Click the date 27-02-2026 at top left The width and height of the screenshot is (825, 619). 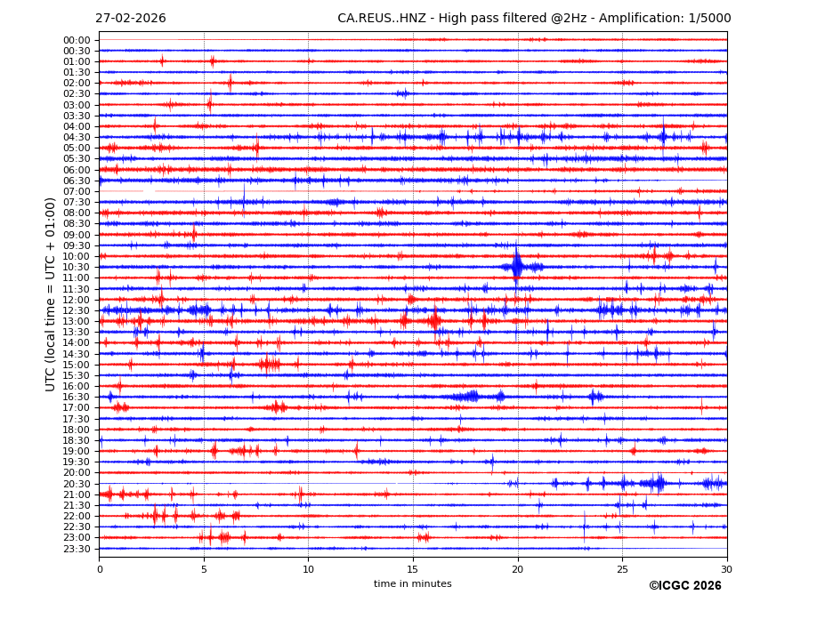(x=130, y=19)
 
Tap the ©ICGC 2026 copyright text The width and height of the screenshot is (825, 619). (x=684, y=586)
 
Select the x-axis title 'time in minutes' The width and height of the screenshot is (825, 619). (x=412, y=584)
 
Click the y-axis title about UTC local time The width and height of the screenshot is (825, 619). (x=51, y=294)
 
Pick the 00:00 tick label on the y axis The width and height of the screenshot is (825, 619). (x=77, y=40)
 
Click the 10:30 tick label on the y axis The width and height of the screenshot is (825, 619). (x=77, y=267)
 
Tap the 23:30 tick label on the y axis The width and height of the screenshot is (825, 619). (x=77, y=549)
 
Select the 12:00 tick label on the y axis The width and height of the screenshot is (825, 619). (x=77, y=300)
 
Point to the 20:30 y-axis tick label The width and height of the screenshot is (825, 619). (x=77, y=484)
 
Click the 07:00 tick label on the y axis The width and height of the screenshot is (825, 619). (x=77, y=191)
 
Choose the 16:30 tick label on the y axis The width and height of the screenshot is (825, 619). (x=77, y=398)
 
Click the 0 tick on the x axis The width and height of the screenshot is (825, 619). (x=100, y=569)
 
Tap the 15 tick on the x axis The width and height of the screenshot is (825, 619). (x=413, y=569)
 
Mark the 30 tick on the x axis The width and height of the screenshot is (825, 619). (x=726, y=569)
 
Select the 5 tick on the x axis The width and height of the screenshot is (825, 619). (x=204, y=569)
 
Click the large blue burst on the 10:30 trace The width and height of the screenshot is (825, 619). (x=517, y=266)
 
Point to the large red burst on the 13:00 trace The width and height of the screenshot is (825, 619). (x=433, y=320)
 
